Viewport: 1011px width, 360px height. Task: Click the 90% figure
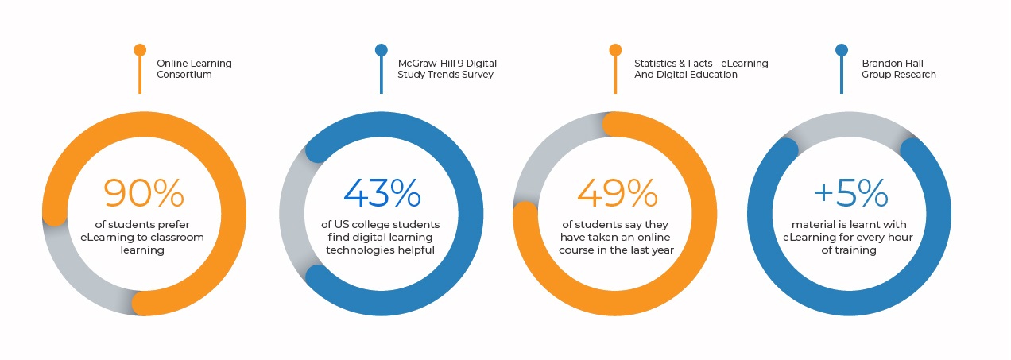coord(144,193)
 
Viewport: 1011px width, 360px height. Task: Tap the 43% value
coord(382,193)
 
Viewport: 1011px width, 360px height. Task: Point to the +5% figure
coord(850,193)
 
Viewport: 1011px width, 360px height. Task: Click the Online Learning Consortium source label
coord(194,68)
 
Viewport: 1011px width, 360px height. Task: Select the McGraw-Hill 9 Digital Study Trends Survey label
coord(447,68)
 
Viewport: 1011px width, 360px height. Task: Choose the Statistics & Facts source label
coord(700,68)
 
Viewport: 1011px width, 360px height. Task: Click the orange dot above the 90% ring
coord(140,50)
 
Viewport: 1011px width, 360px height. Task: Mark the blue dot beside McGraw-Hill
coord(382,50)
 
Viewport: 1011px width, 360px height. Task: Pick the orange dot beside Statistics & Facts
coord(615,50)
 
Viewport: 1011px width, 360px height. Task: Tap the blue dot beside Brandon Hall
coord(842,50)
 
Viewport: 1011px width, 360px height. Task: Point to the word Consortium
coord(184,75)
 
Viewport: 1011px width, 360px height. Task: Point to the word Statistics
coord(657,63)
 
